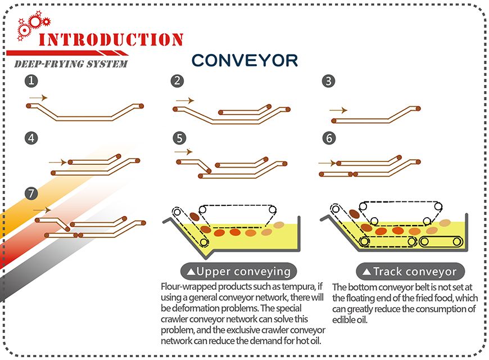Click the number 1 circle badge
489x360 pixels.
[31, 81]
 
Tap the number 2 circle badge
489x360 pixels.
[178, 81]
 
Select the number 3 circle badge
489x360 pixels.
[329, 81]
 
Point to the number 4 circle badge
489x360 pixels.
[31, 137]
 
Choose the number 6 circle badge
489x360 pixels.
[329, 137]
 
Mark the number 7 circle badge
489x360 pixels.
[31, 194]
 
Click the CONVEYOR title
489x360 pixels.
[244, 60]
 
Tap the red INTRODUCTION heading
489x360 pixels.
[111, 40]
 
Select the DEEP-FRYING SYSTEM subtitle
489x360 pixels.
[70, 64]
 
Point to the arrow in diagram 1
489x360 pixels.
[38, 98]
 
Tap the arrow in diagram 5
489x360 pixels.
[183, 152]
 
